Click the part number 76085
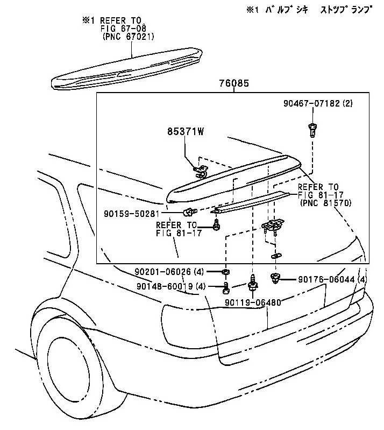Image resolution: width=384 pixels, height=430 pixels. [x=234, y=84]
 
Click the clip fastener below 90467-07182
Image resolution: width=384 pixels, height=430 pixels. [x=311, y=130]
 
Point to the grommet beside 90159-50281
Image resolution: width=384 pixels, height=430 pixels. [x=189, y=210]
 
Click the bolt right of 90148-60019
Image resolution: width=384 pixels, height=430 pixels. [x=226, y=288]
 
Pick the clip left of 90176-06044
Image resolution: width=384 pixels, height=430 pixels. [x=275, y=278]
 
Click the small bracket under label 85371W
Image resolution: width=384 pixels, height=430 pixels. [x=201, y=172]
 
